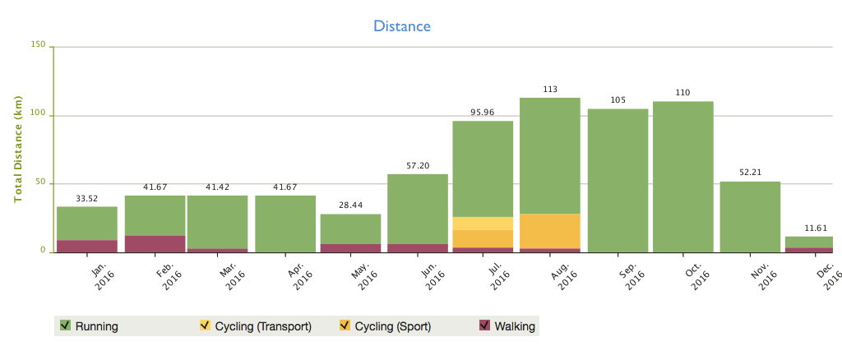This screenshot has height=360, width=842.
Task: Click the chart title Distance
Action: [402, 26]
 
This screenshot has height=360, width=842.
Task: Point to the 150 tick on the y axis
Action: [38, 45]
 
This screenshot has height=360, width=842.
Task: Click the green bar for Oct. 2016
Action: [683, 176]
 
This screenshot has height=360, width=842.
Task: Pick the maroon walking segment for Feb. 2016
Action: [155, 243]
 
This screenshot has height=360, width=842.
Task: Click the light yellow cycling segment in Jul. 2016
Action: [483, 224]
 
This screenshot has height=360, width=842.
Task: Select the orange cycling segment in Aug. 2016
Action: [550, 231]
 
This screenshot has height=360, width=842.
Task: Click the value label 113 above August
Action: [551, 90]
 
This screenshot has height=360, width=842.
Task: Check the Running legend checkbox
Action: [64, 325]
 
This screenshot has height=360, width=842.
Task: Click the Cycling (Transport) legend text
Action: [263, 326]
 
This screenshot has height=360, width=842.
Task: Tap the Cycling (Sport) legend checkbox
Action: [344, 325]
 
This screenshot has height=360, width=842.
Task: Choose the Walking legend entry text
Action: [515, 326]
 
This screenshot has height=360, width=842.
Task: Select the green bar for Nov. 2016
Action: [750, 216]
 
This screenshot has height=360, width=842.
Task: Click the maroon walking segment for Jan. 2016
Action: [87, 246]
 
